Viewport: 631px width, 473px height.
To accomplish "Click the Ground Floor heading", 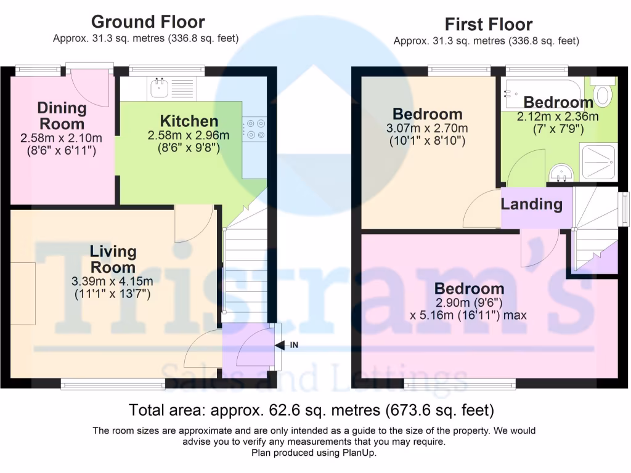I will tap(148, 22).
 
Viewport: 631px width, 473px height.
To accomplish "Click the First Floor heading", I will tap(489, 25).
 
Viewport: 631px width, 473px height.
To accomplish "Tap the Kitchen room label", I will tap(189, 121).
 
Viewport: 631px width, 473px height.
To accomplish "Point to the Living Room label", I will tap(112, 259).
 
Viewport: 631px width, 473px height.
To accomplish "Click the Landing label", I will tap(531, 204).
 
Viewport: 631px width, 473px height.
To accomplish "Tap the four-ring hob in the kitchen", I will tap(254, 128).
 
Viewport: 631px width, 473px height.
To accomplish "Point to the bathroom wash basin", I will tap(560, 173).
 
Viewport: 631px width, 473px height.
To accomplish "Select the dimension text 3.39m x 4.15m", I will tap(112, 282).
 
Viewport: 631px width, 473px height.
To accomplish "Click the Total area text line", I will tap(311, 410).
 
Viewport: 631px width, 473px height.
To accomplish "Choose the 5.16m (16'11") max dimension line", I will tap(468, 315).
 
